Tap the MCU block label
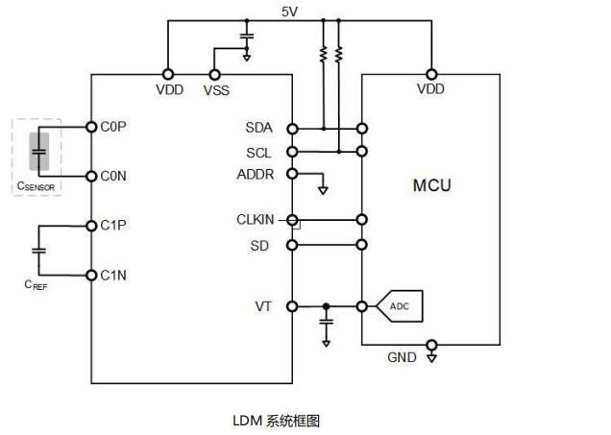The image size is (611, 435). tap(431, 185)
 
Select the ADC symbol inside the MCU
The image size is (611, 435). tap(399, 306)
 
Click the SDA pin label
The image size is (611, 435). tap(258, 128)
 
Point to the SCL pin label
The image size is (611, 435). tap(258, 152)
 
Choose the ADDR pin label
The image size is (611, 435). tap(256, 174)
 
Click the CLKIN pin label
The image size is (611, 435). tap(256, 220)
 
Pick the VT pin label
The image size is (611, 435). tap(263, 306)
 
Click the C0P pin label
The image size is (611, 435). tap(113, 127)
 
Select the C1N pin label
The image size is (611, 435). tap(113, 276)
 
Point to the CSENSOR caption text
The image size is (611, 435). tap(36, 186)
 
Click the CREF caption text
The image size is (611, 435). tap(36, 285)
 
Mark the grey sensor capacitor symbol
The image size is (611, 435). tap(39, 151)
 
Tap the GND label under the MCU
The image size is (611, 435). tap(402, 357)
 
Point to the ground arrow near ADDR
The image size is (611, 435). tap(323, 189)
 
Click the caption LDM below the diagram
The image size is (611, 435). tap(247, 420)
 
